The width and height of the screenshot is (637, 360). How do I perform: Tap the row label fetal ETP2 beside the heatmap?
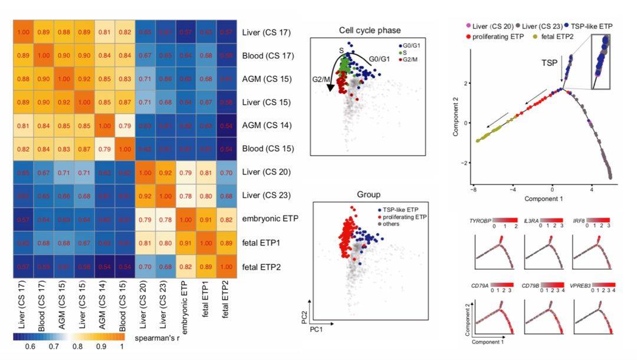point(262,266)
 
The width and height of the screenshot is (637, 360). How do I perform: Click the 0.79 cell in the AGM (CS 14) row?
point(125,125)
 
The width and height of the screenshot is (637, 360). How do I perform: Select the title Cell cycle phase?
point(366,30)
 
